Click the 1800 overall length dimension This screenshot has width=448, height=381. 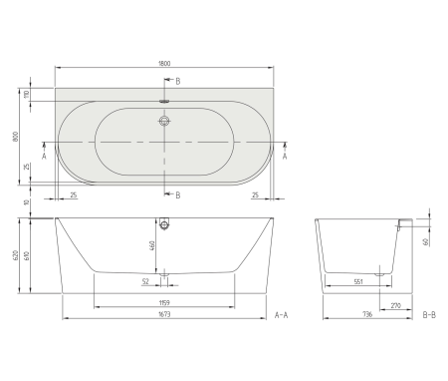tap(164, 65)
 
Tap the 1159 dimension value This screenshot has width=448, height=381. tap(165, 302)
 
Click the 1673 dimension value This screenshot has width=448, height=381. tap(164, 317)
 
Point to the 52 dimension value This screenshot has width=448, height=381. tap(145, 282)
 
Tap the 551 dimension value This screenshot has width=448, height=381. tap(358, 282)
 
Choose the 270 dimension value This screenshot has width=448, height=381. tap(396, 305)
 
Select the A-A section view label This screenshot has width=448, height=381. tap(282, 316)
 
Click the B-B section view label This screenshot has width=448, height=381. tap(429, 316)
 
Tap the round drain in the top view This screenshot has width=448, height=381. tap(164, 124)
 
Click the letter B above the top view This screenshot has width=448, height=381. tap(178, 80)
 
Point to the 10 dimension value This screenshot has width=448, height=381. tap(29, 204)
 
